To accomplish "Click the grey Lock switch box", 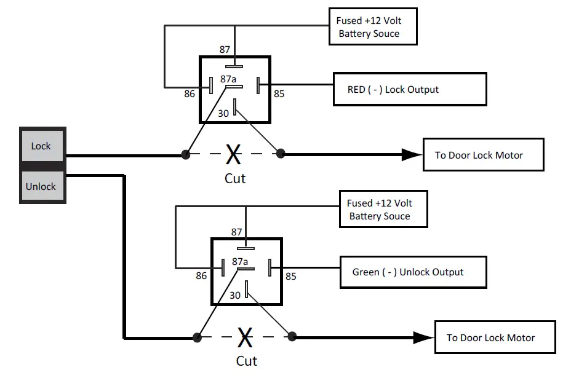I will (x=42, y=146).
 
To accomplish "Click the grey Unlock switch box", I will (x=42, y=186).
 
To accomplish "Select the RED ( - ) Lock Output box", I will (x=410, y=89).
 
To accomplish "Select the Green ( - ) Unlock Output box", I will (x=413, y=272).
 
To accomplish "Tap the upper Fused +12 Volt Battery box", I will (x=372, y=26).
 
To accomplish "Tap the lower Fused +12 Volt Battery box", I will (x=383, y=209).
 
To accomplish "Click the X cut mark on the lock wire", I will (x=233, y=154).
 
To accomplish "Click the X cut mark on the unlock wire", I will (x=245, y=337).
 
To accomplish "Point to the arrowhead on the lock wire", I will (x=410, y=154).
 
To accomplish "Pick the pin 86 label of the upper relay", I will (x=190, y=95).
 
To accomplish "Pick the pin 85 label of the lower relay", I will (x=291, y=277).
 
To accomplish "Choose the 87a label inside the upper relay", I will (x=229, y=79).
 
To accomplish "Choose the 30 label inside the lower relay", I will (x=235, y=295).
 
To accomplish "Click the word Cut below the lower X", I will (x=246, y=361).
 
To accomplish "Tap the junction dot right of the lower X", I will (x=292, y=336).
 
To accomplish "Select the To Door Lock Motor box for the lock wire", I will (x=483, y=154).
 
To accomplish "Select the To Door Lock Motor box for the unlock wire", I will (x=495, y=337).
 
